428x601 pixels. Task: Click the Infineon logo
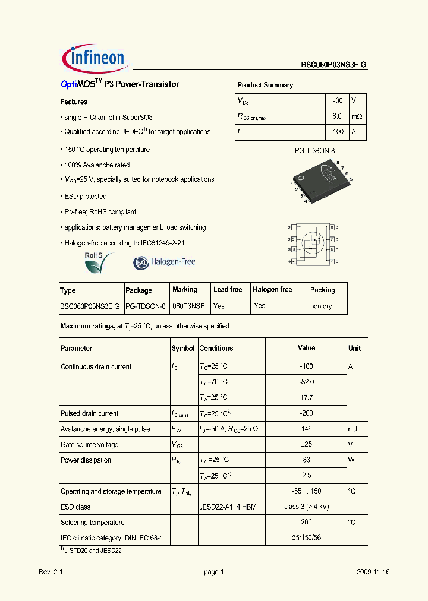point(94,58)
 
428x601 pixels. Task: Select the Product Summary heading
point(265,85)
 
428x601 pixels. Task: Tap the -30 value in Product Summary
point(337,101)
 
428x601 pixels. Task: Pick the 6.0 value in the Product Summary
point(337,117)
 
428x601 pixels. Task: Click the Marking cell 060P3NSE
point(188,306)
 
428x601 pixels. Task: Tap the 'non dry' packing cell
point(321,306)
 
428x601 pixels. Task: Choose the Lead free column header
point(228,290)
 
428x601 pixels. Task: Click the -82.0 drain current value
point(306,382)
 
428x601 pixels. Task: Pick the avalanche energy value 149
point(306,429)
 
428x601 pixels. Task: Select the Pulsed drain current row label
point(89,413)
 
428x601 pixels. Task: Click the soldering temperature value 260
point(306,523)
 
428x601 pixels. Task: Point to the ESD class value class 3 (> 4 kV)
point(306,507)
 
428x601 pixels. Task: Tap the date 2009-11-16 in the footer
point(373,572)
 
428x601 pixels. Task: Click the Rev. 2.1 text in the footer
point(51,572)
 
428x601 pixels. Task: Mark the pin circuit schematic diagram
point(313,244)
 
